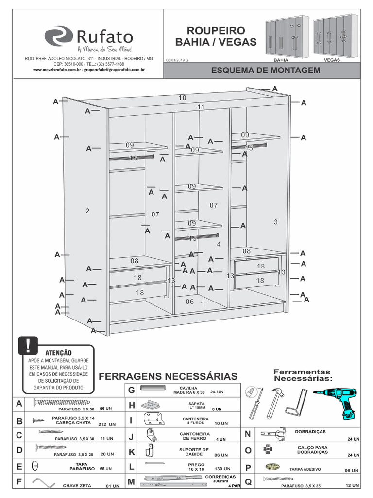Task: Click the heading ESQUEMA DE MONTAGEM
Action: pyautogui.click(x=266, y=71)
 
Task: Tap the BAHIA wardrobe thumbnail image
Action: pyautogui.click(x=287, y=37)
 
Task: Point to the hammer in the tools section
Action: pyautogui.click(x=275, y=402)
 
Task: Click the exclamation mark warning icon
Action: pyautogui.click(x=29, y=344)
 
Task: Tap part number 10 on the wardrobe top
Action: pyautogui.click(x=182, y=98)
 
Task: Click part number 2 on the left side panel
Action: pyautogui.click(x=87, y=211)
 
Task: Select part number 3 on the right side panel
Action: pyautogui.click(x=275, y=222)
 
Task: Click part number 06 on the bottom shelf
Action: pyautogui.click(x=189, y=302)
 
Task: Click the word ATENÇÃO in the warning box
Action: pyautogui.click(x=58, y=352)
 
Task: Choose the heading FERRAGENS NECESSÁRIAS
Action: pyautogui.click(x=168, y=377)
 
